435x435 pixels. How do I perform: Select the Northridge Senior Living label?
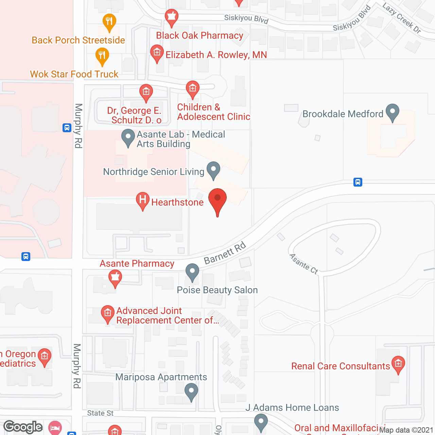point(154,172)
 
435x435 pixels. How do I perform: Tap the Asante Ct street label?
point(303,264)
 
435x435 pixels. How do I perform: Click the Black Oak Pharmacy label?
point(199,36)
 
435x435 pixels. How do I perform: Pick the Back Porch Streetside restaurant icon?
point(109,22)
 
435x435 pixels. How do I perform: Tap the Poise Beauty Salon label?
point(217,290)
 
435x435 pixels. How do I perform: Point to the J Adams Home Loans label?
point(292,408)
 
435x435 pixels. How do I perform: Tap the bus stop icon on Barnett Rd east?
point(358,182)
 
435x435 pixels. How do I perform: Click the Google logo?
point(23,427)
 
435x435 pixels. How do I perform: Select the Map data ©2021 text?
point(406,430)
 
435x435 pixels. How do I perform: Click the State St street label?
point(100,413)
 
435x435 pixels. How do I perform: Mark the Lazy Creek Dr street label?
point(402,18)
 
